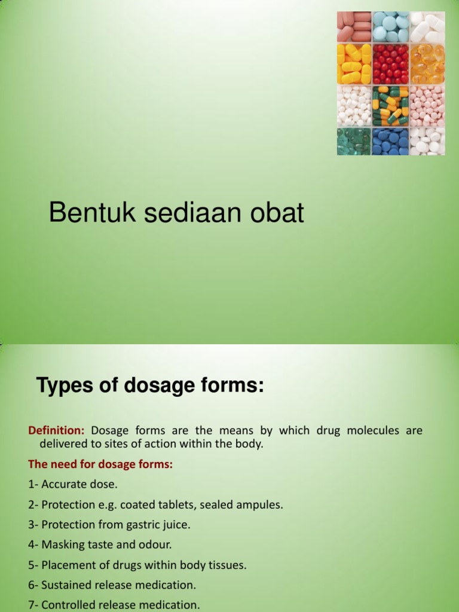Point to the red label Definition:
point(57,430)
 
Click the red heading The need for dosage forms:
point(100,464)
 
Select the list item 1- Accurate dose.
point(72,484)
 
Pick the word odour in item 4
point(157,545)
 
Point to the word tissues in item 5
point(227,565)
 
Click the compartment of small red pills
point(390,63)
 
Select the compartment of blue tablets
point(390,141)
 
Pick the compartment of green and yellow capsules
point(390,105)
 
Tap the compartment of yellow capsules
point(354,63)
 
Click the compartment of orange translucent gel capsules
point(427,63)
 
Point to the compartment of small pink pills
point(427,105)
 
